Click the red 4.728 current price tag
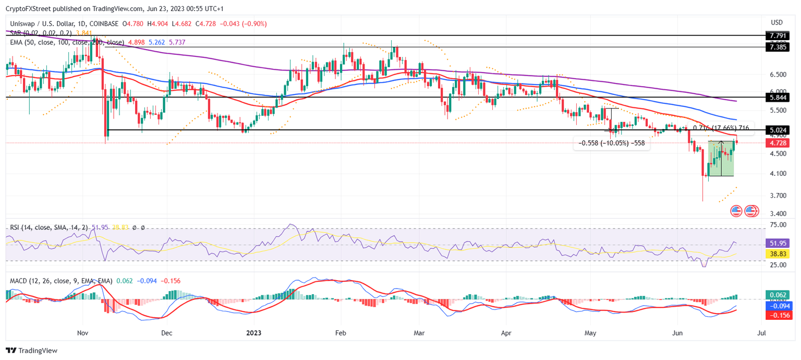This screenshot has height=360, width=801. [776, 142]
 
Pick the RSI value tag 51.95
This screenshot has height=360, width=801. [776, 243]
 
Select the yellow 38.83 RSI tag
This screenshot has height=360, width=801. [776, 254]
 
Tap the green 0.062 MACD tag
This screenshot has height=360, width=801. [776, 295]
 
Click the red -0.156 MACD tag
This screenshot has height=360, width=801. [776, 316]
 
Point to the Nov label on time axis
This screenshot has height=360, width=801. [82, 332]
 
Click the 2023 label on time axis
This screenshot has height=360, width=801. [253, 332]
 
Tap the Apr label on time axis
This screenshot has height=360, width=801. [505, 332]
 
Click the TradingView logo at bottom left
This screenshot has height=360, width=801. [32, 351]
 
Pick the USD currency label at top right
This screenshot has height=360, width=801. [776, 22]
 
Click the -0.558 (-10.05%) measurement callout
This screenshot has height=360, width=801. [612, 143]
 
